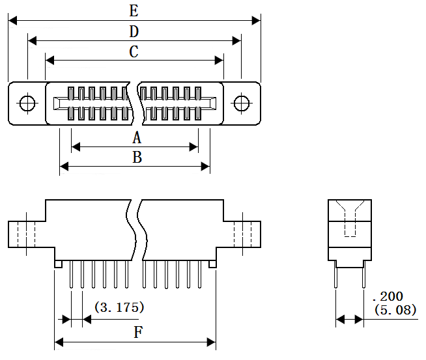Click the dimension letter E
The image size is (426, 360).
point(134,11)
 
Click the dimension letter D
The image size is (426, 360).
point(134,31)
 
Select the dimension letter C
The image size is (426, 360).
point(134,51)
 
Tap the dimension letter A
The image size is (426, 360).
point(137,137)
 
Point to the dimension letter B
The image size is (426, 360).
point(137,157)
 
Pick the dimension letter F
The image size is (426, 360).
point(138,332)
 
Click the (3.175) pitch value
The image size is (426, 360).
point(119,307)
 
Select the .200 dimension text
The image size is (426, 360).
point(388,296)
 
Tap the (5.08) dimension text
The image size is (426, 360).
point(395,309)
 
